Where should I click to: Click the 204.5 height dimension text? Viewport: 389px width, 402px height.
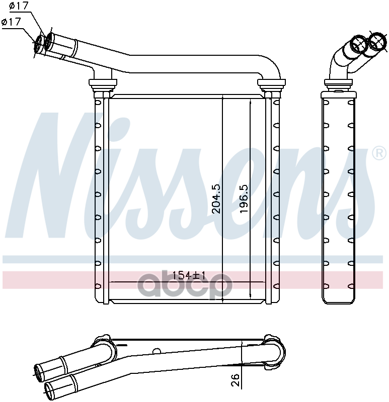click(217, 198)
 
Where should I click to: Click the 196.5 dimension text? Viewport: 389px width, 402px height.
click(244, 198)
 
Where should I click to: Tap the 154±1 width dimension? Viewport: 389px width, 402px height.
click(189, 275)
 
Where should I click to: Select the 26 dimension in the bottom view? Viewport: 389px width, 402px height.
click(235, 380)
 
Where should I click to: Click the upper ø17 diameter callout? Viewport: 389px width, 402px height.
click(18, 6)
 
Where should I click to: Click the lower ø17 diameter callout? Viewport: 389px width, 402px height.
click(11, 22)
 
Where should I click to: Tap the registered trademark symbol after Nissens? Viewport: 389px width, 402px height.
click(379, 153)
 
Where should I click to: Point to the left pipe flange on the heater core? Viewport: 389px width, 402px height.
click(103, 82)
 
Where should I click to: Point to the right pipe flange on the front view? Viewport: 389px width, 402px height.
click(271, 82)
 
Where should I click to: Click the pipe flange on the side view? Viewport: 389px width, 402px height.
click(338, 82)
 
